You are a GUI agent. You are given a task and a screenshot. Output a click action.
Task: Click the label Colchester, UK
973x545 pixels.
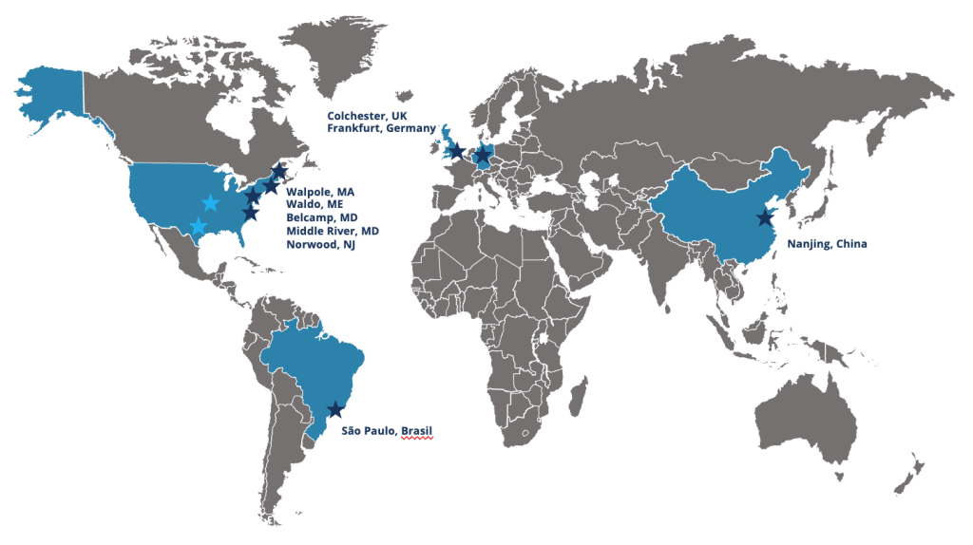pyautogui.click(x=367, y=114)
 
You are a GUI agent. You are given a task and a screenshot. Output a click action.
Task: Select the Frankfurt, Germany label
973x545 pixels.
pyautogui.click(x=381, y=128)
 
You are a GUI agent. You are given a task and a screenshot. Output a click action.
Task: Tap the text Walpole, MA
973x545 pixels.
pyautogui.click(x=320, y=191)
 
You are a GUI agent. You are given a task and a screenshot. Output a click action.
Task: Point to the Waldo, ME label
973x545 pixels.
pyautogui.click(x=315, y=204)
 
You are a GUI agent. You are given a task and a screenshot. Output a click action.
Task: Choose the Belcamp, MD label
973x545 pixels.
pyautogui.click(x=321, y=217)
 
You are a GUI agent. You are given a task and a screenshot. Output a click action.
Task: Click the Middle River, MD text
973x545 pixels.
pyautogui.click(x=333, y=231)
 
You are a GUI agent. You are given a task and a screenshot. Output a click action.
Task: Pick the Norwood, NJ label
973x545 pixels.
pyautogui.click(x=321, y=244)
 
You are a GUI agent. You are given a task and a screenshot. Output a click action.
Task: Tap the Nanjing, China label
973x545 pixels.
pyautogui.click(x=827, y=243)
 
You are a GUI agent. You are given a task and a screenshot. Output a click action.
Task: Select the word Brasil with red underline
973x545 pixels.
pyautogui.click(x=417, y=430)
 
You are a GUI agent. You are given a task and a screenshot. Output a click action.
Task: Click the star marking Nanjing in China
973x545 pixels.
pyautogui.click(x=764, y=218)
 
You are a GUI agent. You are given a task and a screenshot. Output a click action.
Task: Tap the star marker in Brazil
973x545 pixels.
pyautogui.click(x=334, y=409)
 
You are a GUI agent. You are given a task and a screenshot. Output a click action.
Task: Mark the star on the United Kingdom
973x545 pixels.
pyautogui.click(x=455, y=150)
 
